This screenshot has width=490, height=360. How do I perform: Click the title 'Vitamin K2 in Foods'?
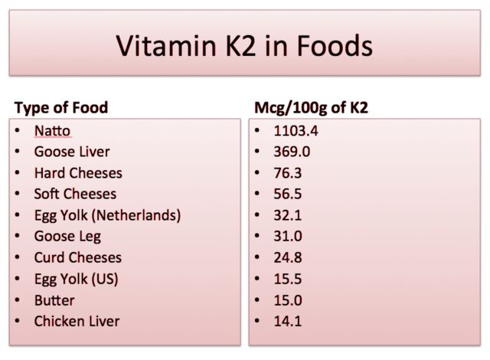click(x=244, y=47)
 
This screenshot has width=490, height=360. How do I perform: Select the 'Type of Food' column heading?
click(x=61, y=107)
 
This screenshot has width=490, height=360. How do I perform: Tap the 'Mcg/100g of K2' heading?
click(x=311, y=107)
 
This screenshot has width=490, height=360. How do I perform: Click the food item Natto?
click(x=52, y=131)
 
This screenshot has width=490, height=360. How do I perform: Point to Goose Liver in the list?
click(x=72, y=152)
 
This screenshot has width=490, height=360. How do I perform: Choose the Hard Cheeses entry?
click(x=78, y=173)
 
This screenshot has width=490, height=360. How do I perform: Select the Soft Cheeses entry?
click(x=75, y=194)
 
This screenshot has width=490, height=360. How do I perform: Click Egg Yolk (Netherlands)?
click(x=107, y=215)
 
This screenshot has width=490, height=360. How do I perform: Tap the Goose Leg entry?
click(x=67, y=237)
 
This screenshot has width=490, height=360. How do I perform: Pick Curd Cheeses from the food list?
click(x=78, y=257)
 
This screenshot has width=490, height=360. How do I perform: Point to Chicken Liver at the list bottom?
click(x=77, y=321)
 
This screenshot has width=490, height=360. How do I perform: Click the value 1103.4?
click(x=296, y=131)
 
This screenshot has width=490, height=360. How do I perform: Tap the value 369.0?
click(x=292, y=152)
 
